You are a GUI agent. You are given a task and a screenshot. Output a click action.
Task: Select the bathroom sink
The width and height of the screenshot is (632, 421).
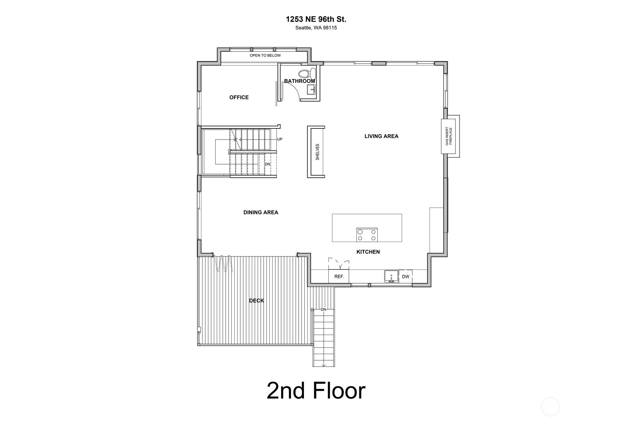(311, 89)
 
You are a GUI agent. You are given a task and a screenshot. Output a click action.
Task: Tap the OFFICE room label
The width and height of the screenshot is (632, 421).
(239, 97)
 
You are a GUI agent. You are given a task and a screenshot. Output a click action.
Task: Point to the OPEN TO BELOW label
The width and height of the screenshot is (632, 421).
(265, 55)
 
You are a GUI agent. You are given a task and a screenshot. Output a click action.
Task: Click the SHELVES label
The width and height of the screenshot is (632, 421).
(317, 152)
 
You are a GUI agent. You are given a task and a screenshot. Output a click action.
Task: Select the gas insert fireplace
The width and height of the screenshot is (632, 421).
(449, 136)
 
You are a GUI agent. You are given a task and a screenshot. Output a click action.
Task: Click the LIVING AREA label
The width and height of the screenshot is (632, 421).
(381, 136)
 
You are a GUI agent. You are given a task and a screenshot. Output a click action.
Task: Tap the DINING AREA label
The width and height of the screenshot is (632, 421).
(261, 212)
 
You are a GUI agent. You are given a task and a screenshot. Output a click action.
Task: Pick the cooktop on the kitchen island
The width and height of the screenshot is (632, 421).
(367, 235)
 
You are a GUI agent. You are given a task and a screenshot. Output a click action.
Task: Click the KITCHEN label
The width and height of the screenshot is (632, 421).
(368, 252)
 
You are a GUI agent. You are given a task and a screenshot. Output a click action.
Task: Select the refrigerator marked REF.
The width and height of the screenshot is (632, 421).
(339, 276)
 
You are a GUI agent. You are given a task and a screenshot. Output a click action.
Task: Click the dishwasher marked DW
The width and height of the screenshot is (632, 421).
(406, 277)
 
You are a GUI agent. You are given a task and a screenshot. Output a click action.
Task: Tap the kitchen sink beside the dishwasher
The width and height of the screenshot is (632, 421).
(391, 276)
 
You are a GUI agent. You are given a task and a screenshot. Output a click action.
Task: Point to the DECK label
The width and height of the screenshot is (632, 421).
(257, 301)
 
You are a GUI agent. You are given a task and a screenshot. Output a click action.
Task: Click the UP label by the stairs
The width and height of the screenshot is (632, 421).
(280, 139)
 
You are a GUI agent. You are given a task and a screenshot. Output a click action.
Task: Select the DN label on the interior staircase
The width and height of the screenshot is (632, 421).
(267, 164)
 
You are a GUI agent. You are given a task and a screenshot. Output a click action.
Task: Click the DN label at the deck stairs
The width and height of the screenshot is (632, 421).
(323, 309)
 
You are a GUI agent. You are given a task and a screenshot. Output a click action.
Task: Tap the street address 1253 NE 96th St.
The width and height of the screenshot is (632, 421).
(316, 19)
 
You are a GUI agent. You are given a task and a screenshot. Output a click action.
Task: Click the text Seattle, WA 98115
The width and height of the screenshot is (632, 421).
(316, 28)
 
